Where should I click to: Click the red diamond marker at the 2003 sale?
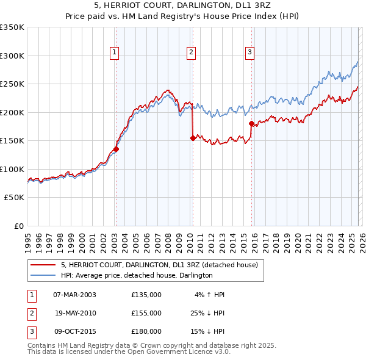click(x=115, y=149)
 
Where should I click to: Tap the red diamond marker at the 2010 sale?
click(x=193, y=138)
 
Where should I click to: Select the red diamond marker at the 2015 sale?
click(x=251, y=124)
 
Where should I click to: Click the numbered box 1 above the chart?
click(x=115, y=52)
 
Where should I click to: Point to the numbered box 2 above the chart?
click(x=192, y=52)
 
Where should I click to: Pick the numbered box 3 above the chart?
click(x=249, y=52)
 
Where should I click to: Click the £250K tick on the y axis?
click(x=12, y=84)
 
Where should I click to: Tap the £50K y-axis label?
click(x=14, y=198)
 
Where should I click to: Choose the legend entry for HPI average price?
click(x=137, y=275)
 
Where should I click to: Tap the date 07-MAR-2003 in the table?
click(x=74, y=295)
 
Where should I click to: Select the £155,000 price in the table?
click(x=146, y=312)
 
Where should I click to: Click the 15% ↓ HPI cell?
click(x=207, y=331)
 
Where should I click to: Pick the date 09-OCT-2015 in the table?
click(x=74, y=331)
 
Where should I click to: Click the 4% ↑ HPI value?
click(x=210, y=295)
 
